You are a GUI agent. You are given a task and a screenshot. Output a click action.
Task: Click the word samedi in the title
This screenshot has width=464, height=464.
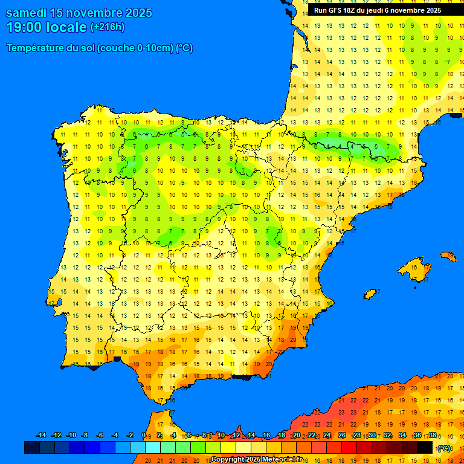coord(25,13)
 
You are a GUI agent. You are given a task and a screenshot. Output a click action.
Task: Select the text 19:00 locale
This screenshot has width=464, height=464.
coord(46,27)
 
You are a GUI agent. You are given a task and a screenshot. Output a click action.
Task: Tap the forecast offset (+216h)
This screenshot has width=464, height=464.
coord(108,27)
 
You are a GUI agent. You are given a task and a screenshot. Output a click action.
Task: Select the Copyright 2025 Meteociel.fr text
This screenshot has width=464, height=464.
coord(256,459)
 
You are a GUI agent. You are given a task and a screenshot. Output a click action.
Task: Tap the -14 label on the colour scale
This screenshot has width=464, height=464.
coord(41,436)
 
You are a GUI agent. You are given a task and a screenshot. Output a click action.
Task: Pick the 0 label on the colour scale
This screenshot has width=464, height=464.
coord(143,436)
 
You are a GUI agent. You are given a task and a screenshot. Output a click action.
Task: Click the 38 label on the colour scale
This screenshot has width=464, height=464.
coord(432,436)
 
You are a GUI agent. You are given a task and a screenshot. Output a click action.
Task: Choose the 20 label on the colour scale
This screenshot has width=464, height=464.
coord(296,436)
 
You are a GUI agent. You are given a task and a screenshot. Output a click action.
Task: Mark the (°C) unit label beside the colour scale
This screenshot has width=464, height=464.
coord(444,448)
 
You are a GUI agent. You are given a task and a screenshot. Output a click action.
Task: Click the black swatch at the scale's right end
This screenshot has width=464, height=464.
coord(425,447)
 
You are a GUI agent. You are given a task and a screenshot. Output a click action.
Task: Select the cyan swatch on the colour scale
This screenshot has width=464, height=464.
coord(152,447)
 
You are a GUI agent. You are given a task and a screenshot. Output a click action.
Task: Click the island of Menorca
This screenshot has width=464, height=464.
coord(448,256)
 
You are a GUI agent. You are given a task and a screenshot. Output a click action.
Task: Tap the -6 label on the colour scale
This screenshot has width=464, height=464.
coord(100,436)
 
